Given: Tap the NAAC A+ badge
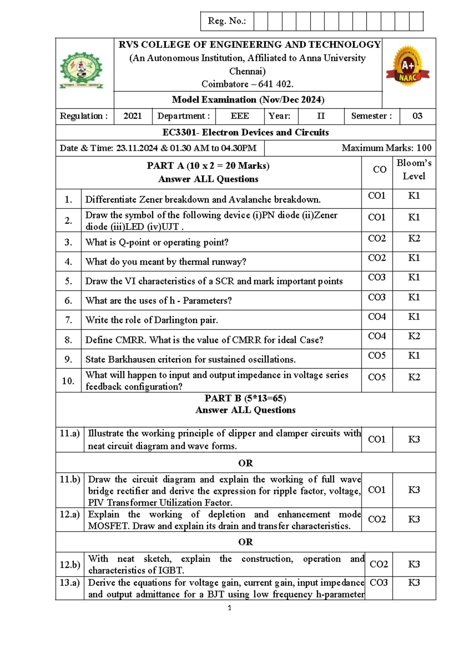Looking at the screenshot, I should pyautogui.click(x=408, y=67).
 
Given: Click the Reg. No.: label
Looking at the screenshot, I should pyautogui.click(x=226, y=21).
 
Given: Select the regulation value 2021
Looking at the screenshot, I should pyautogui.click(x=132, y=116).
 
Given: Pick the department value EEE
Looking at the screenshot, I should pyautogui.click(x=240, y=116).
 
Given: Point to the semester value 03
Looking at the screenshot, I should pyautogui.click(x=417, y=116).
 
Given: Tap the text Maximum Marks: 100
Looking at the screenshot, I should pyautogui.click(x=386, y=148).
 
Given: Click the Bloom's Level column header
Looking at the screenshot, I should pyautogui.click(x=414, y=170).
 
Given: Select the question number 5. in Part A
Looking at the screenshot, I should pyautogui.click(x=68, y=281).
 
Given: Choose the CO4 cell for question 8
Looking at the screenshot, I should pyautogui.click(x=377, y=336).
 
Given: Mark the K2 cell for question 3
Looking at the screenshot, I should pyautogui.click(x=414, y=238).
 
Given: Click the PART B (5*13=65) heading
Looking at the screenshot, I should pyautogui.click(x=245, y=398).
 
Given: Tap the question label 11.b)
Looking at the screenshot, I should pyautogui.click(x=70, y=479).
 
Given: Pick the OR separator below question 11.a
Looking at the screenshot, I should pyautogui.click(x=245, y=463).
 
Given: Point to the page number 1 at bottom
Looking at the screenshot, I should pyautogui.click(x=229, y=608).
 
